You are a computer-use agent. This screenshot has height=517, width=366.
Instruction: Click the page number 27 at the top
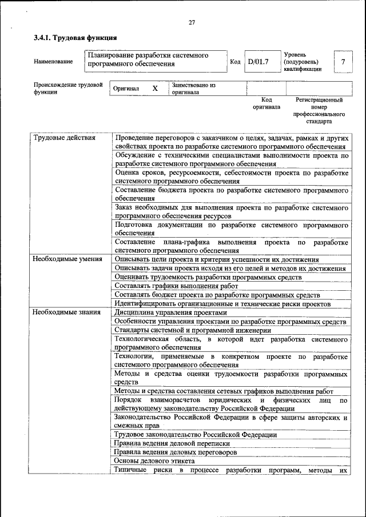(x=192, y=22)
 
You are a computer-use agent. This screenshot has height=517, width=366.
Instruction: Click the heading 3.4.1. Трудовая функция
(x=75, y=38)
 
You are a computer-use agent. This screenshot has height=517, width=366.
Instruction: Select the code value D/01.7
(x=258, y=61)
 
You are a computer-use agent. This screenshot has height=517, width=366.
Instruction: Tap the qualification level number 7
(x=343, y=61)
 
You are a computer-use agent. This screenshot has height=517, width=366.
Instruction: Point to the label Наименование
(x=54, y=62)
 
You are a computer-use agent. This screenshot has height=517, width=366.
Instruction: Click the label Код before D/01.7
(x=235, y=62)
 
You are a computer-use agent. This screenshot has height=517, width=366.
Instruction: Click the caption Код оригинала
(x=266, y=103)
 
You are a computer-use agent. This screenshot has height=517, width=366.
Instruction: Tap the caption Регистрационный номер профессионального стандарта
(x=319, y=110)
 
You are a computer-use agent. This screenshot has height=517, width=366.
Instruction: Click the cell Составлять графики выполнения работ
(x=176, y=286)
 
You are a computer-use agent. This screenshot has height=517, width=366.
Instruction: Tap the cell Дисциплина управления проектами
(x=170, y=312)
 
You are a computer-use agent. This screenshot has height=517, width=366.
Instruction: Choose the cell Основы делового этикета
(x=154, y=460)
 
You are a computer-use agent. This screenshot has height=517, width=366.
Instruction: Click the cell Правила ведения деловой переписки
(x=172, y=443)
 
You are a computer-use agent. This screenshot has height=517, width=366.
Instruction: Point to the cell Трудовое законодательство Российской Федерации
(x=196, y=435)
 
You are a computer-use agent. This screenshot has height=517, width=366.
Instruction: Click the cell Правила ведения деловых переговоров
(x=176, y=452)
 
